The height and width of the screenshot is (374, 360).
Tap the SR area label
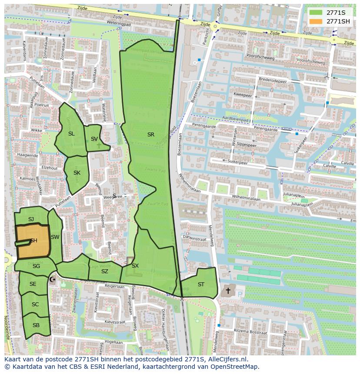pyautogui.click(x=151, y=135)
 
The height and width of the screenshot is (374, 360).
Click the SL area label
pyautogui.click(x=71, y=134)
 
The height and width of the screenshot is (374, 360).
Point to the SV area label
pyautogui.click(x=94, y=139)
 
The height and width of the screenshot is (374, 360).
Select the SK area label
pyautogui.click(x=77, y=173)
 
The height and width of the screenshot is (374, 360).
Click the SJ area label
pyautogui.click(x=31, y=219)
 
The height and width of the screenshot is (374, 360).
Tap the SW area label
pyautogui.click(x=55, y=237)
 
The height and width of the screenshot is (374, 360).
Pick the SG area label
pyautogui.click(x=36, y=266)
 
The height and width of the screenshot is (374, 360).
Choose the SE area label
pyautogui.click(x=33, y=284)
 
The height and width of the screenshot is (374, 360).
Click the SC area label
pyautogui.click(x=35, y=304)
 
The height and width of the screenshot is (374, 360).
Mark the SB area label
pyautogui.click(x=36, y=325)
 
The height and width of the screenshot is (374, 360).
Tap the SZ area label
pyautogui.click(x=105, y=271)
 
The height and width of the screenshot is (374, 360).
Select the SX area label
pyautogui.click(x=135, y=266)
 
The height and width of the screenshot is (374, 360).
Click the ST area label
pyautogui.click(x=201, y=285)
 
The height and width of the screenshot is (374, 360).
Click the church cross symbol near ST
pyautogui.click(x=228, y=290)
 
